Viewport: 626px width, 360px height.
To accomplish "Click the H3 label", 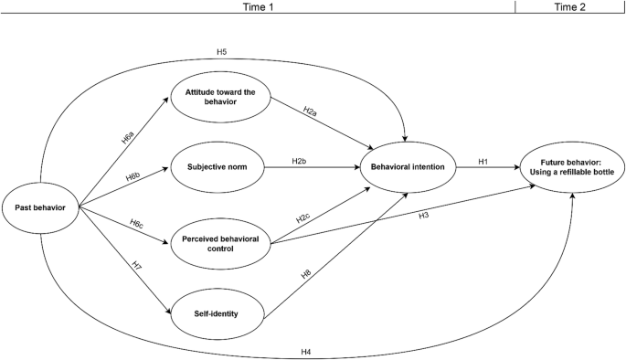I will pyautogui.click(x=424, y=216).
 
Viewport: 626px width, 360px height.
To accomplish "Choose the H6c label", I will pyautogui.click(x=135, y=224).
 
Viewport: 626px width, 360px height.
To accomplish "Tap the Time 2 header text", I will pyautogui.click(x=570, y=6).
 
